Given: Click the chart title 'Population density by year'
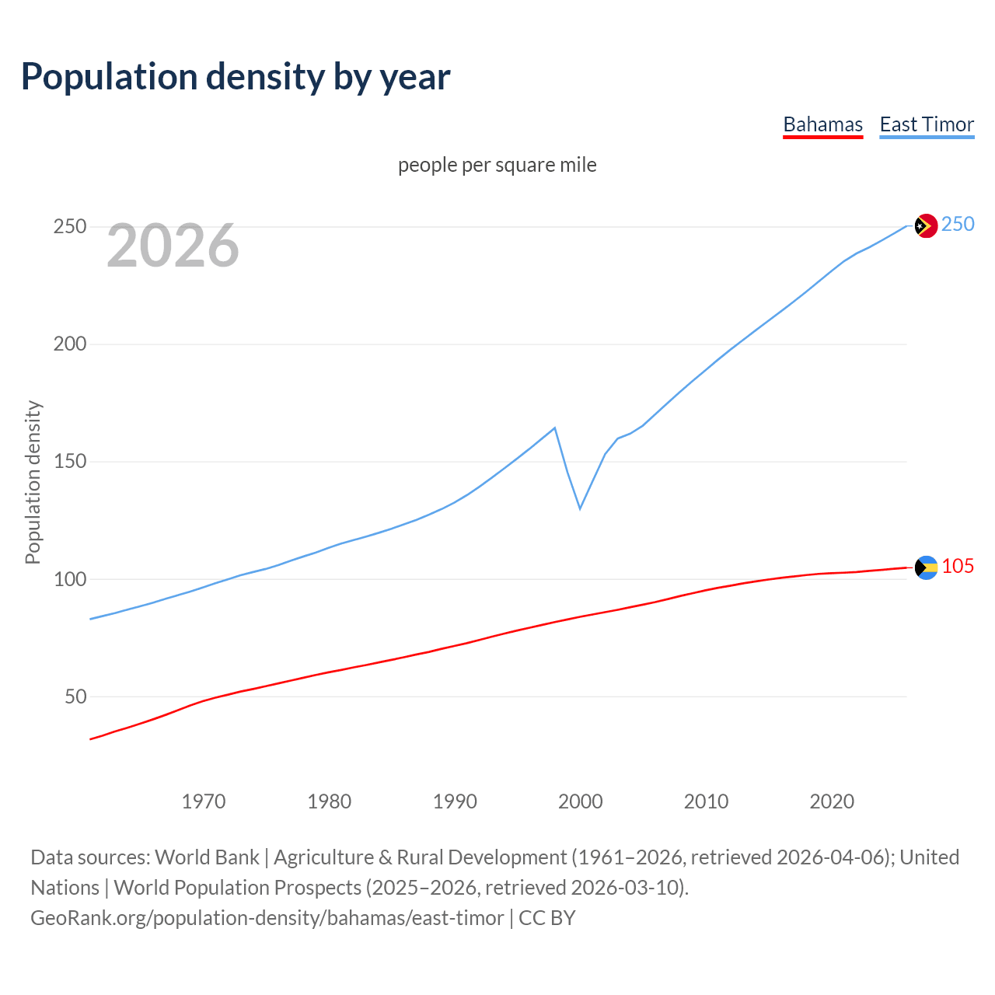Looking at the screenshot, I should tap(236, 77).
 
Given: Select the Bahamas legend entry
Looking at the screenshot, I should tap(822, 125).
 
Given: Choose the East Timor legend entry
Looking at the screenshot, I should tap(927, 125).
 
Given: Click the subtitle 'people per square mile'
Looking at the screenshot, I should tap(497, 166).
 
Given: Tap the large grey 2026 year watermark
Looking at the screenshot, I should tap(173, 246).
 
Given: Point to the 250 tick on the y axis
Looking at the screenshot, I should tap(69, 227).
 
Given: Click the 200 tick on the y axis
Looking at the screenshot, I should tap(69, 344).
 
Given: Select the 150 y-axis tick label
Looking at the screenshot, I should tap(69, 462).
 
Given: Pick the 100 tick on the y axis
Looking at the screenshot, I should tap(69, 580).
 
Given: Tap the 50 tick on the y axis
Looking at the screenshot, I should tap(75, 697).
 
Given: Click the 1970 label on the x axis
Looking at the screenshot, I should tap(204, 801).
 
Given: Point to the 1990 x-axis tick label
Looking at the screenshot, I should tap(455, 801).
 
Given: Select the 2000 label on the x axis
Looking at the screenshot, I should tap(581, 801).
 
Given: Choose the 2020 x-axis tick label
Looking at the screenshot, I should tap(832, 801).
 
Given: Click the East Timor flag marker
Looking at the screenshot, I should tap(925, 226).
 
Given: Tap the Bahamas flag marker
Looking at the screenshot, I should tap(925, 567).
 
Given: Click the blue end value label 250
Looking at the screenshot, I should tap(958, 225).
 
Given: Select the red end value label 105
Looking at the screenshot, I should tap(958, 567).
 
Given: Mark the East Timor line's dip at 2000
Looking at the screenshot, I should tap(580, 508).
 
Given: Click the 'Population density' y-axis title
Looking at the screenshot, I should tap(33, 482).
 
